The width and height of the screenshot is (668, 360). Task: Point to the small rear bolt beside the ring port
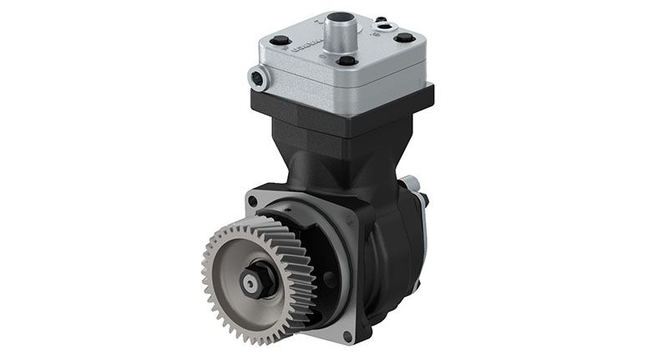[x=380, y=18]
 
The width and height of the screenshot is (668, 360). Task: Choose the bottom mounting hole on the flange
[x=347, y=336]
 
